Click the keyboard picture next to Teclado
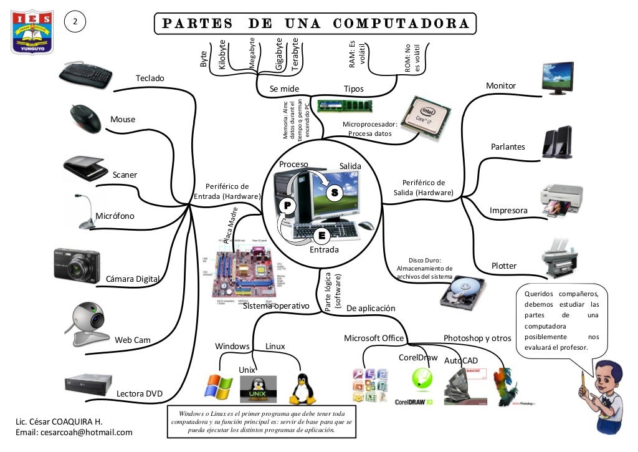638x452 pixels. coord(85,74)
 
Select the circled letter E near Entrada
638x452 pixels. coord(321,236)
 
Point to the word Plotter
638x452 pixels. coord(504,266)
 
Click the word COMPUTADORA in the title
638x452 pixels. coord(401,24)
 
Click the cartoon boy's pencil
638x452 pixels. coord(583,382)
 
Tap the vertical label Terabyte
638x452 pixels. coord(295,54)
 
